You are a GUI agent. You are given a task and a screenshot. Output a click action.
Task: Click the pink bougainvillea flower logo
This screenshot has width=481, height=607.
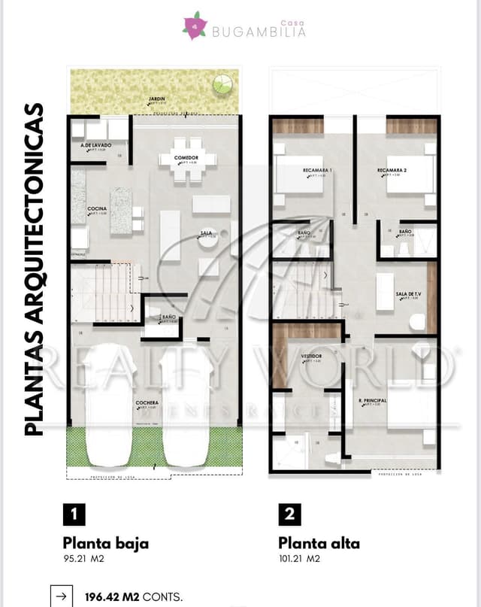click(x=195, y=26)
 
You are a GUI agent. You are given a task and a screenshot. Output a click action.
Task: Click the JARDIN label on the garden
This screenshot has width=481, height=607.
click(x=157, y=99)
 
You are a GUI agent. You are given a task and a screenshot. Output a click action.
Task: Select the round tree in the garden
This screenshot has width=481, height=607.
click(x=223, y=83)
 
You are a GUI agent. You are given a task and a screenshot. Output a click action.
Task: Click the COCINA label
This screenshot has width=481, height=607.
click(x=96, y=208)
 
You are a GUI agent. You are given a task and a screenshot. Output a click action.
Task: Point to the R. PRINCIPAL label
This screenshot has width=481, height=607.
click(x=372, y=400)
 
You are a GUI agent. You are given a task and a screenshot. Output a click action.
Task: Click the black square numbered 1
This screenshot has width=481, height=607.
click(x=74, y=514)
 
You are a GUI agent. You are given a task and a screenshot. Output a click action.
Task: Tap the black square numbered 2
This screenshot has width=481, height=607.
click(x=290, y=514)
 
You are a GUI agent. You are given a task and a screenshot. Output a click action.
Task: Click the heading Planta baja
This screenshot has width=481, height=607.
click(x=106, y=543)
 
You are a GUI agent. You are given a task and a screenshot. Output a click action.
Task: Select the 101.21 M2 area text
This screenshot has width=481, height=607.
click(x=299, y=559)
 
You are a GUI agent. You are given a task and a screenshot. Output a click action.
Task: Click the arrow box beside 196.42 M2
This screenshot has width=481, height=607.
click(x=60, y=596)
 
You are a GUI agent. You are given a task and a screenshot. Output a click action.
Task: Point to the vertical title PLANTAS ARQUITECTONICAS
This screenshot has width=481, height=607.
click(x=34, y=269)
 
